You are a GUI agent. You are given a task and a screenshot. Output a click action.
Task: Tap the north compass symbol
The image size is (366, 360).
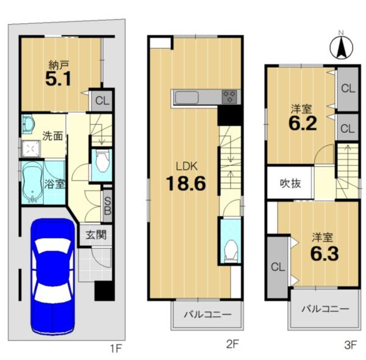pos(341,48)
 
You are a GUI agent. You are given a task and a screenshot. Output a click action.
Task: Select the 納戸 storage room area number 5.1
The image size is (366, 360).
pos(58,79)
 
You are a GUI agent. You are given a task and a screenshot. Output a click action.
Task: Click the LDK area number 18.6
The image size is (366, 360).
pos(186,183)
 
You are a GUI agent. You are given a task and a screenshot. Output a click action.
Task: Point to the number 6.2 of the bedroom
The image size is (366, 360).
pos(303,123)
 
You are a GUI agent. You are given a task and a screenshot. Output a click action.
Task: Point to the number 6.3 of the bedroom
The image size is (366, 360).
pos(325,254)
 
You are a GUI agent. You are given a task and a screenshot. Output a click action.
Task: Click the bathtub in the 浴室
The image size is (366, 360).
pos(32,182)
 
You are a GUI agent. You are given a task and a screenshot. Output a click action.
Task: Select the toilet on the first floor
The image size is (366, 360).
pos(102,161)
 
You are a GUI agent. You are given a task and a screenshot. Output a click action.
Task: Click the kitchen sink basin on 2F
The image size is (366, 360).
pos(187,98)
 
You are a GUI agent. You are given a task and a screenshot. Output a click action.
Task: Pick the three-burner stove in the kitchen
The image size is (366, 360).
pos(229,97)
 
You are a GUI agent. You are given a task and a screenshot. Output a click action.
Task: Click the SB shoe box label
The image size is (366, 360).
pos(107,206)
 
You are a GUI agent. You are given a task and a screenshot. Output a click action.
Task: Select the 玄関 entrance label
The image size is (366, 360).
pos(96,235)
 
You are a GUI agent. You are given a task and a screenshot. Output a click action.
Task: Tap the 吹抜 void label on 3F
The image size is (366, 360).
pos(290,184)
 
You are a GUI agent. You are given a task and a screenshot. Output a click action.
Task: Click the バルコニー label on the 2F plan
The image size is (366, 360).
pos(207,314)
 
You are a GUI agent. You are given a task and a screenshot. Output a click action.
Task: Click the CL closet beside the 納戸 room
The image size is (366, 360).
pos(102,101)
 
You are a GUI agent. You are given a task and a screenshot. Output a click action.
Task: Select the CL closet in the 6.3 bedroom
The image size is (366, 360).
pos(278,267)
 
